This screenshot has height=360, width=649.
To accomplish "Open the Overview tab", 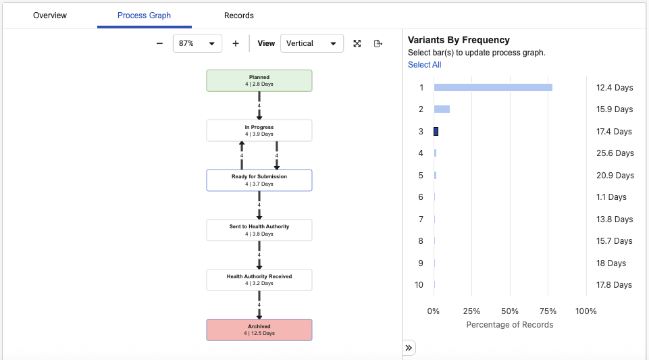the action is point(50,16).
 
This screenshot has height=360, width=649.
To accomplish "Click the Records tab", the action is point(239,16).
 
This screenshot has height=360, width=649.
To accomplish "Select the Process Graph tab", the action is point(144,16).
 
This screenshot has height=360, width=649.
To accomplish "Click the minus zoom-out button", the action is point(159,43).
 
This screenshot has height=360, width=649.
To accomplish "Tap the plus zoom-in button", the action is point(236,43).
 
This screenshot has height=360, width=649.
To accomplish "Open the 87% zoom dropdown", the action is point(197,43).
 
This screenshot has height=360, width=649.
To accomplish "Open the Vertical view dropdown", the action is point(312,43).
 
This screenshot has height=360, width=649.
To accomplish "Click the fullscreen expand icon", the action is point(357,43).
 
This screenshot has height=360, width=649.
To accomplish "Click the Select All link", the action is point(424,65).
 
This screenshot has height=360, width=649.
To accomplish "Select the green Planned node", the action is point(259,80).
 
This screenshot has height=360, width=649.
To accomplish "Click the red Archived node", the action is point(259,330).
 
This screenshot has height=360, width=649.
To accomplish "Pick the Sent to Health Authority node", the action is point(259,230).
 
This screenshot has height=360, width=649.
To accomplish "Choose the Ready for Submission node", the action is point(259,180).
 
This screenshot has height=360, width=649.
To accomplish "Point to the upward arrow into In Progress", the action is point(242,155).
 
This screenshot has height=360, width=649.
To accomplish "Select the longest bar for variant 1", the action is point(493,88).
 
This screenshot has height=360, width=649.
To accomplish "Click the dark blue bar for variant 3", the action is point(436,131).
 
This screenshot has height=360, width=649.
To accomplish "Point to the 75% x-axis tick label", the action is point(548,311).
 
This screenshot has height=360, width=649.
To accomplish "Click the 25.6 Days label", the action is point(615,153).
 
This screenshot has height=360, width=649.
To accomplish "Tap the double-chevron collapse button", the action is point(409,348).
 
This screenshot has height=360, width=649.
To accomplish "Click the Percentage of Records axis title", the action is point(509,325).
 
